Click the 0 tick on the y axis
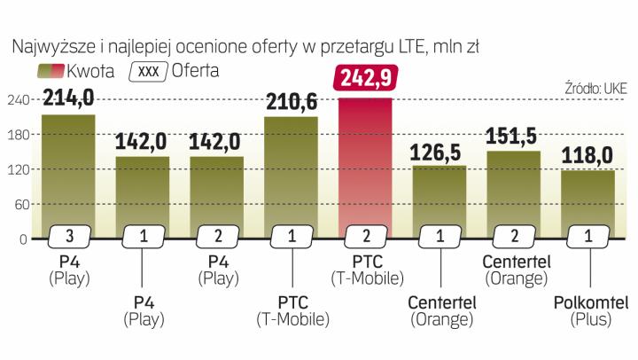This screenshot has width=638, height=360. [22, 239]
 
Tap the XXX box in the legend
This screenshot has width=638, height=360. [152, 69]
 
